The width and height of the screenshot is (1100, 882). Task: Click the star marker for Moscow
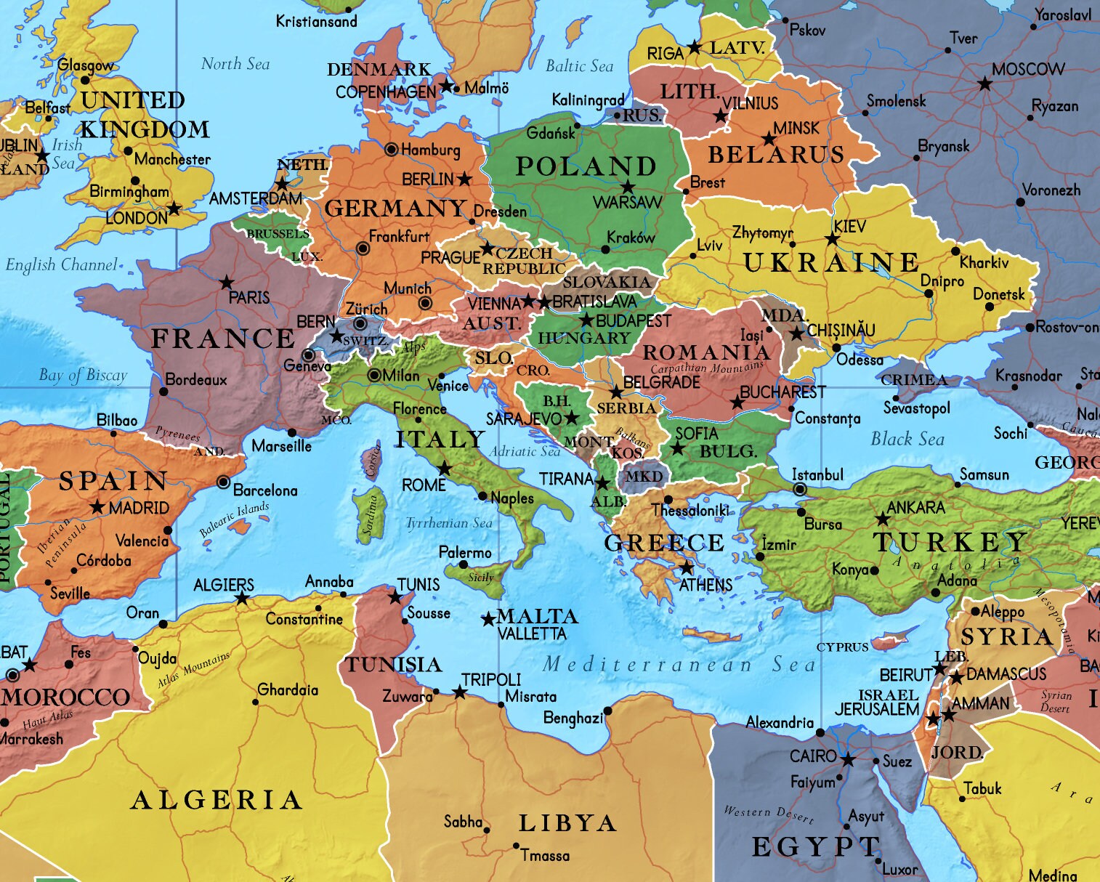[984, 84]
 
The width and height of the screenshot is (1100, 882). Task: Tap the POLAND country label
[586, 166]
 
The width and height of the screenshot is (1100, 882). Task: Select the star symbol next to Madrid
[98, 507]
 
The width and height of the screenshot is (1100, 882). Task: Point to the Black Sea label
[907, 439]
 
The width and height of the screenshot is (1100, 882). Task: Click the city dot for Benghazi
[608, 711]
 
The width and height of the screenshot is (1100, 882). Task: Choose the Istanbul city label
[817, 474]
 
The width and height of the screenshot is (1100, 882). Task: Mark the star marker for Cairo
[847, 760]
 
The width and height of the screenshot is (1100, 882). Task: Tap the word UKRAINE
[831, 262]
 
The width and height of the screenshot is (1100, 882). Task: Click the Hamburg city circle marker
[391, 150]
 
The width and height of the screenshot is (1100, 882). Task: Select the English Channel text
[61, 264]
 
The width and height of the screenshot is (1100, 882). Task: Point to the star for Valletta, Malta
[488, 620]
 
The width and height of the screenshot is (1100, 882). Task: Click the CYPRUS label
[842, 647]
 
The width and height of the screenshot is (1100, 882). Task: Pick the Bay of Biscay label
[83, 375]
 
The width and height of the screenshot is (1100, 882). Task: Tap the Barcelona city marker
[224, 482]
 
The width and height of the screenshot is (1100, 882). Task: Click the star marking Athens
[686, 567]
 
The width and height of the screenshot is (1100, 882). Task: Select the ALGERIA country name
[217, 800]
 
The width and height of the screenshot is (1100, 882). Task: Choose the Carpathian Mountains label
[707, 368]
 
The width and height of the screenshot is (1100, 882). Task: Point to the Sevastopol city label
[916, 408]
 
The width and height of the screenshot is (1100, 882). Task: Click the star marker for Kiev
[832, 239]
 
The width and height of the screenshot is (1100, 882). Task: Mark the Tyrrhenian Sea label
[448, 522]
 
